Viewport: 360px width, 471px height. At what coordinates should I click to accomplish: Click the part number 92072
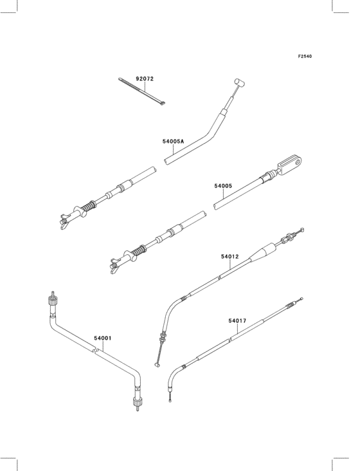(145, 79)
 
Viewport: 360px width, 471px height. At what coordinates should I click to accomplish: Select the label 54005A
(173, 141)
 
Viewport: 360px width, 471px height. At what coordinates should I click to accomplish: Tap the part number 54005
(223, 186)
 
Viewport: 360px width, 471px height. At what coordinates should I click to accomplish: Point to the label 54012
(230, 257)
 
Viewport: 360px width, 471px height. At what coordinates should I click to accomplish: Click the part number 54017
(237, 321)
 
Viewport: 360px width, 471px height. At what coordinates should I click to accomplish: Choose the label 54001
(103, 338)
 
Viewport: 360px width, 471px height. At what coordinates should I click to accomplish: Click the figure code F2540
(305, 56)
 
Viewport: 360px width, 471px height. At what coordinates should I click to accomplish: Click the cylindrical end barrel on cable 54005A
(239, 82)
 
